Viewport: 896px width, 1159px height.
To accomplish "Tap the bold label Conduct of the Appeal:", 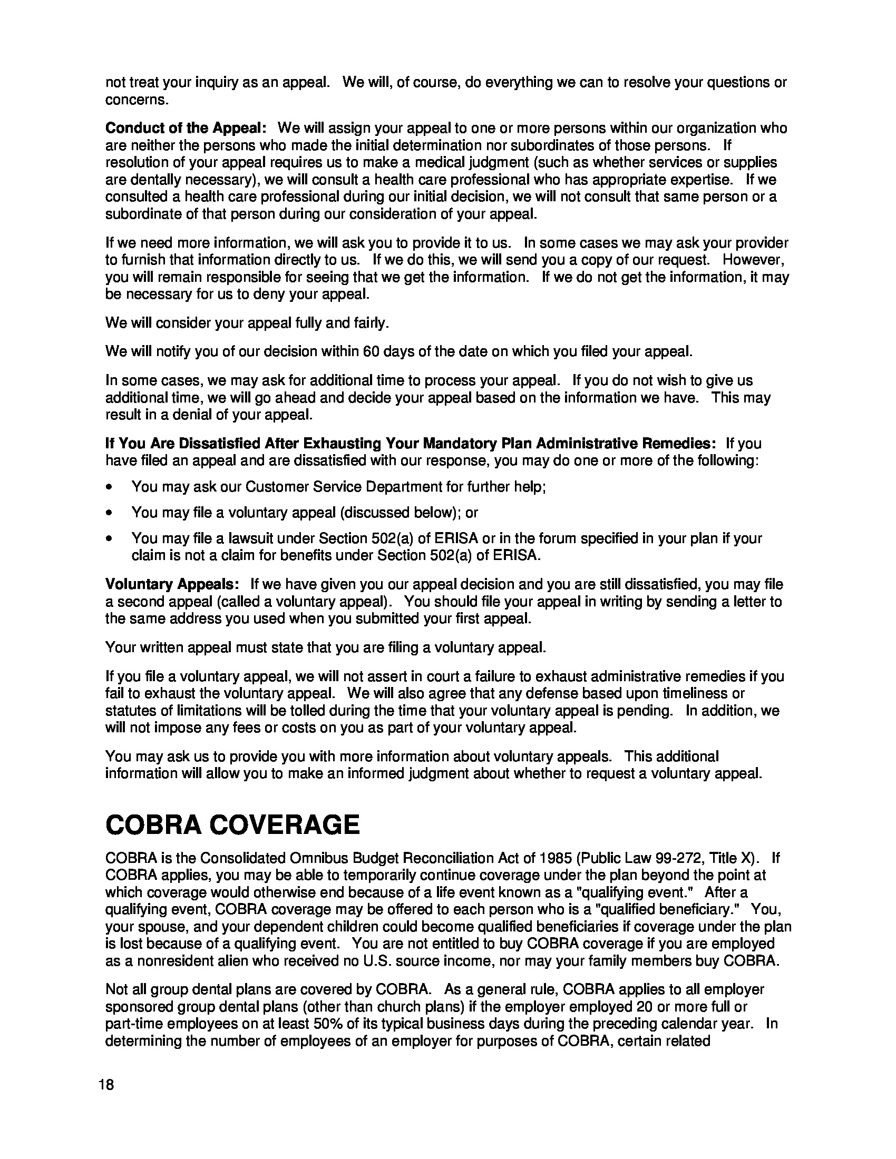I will pos(186,128).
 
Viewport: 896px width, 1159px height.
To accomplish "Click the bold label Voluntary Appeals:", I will pos(172,584).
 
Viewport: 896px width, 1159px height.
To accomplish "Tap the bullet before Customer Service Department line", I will pos(109,487).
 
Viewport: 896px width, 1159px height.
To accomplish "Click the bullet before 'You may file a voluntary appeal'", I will pos(109,513).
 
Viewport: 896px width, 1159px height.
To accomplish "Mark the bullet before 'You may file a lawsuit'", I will pos(109,538).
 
